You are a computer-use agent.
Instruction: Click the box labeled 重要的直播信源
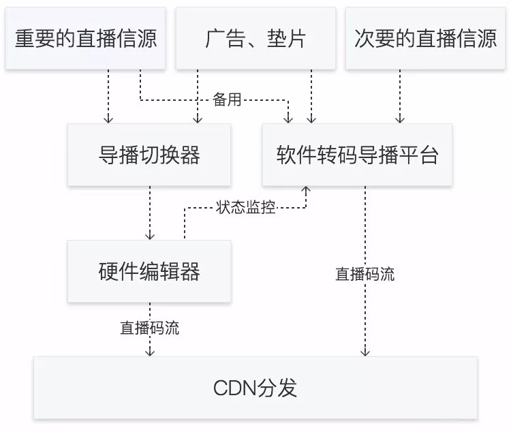click(86, 39)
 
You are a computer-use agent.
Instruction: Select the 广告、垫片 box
click(255, 39)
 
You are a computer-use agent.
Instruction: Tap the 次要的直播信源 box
click(425, 39)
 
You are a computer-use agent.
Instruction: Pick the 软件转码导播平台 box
click(357, 155)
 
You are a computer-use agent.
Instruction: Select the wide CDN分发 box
click(255, 388)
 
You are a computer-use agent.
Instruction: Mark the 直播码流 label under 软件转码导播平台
click(365, 274)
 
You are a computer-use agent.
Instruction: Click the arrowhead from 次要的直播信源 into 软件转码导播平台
click(400, 119)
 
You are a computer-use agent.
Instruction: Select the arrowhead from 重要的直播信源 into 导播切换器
click(106, 119)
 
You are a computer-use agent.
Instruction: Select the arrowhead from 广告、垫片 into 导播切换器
click(198, 119)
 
